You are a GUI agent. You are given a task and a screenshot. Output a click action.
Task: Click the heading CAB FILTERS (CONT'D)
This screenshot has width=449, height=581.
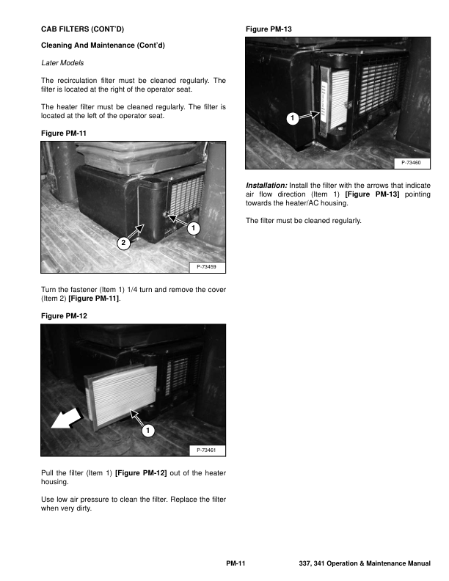[x=82, y=29]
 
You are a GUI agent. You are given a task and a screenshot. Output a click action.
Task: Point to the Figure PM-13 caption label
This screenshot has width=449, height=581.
[x=269, y=29]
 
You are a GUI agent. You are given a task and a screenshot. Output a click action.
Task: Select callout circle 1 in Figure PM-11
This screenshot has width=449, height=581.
[x=193, y=229]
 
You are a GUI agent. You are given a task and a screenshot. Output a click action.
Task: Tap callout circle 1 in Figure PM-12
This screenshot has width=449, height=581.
[x=147, y=430]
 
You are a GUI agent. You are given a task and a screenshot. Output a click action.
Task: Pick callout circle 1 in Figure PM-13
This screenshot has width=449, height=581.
[x=292, y=117]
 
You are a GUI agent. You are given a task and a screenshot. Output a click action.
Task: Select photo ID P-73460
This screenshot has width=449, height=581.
[x=412, y=162]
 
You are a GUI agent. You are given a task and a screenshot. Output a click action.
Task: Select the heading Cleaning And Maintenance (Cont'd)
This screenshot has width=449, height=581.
[x=103, y=46]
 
